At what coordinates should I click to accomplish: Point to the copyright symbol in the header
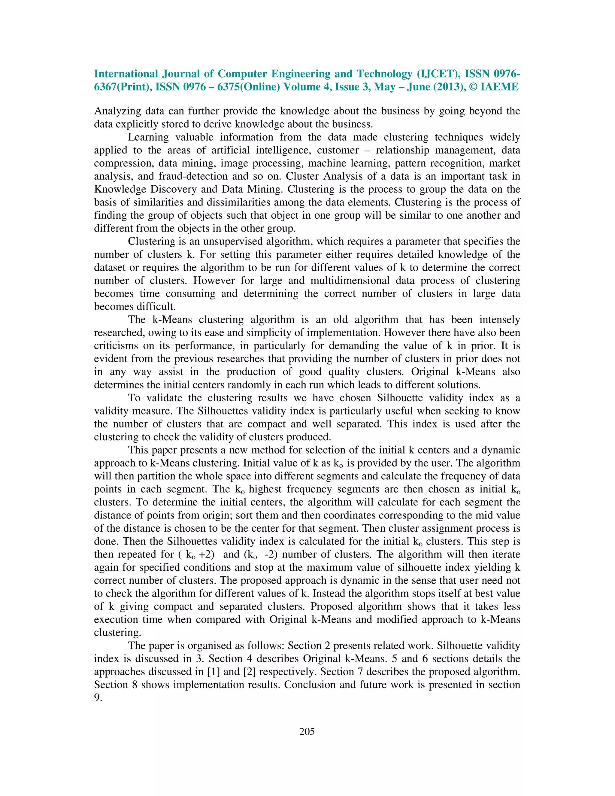coord(473,87)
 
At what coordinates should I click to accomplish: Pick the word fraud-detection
coord(194,176)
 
